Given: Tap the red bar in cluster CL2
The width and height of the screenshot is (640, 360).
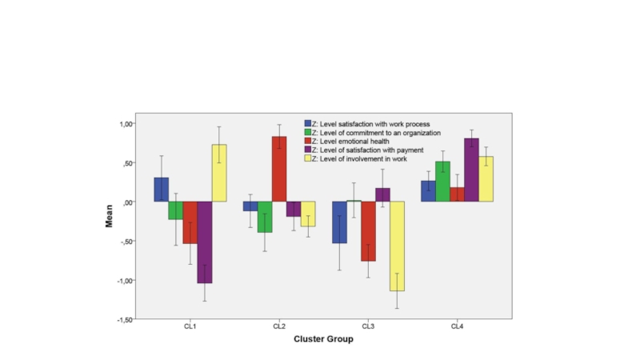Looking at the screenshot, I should [x=278, y=169].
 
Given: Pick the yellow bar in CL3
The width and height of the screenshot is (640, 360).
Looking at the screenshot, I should [x=397, y=246].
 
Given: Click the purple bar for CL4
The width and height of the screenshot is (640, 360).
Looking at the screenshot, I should [x=471, y=170].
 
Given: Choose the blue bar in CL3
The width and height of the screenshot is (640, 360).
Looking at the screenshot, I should [x=338, y=222].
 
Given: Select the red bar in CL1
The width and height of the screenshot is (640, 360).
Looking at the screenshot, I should [x=190, y=222].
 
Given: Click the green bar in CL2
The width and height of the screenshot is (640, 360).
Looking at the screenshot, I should [x=264, y=216].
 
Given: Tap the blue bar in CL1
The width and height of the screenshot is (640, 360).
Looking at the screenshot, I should [x=161, y=189].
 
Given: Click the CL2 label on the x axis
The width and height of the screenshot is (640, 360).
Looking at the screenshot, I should [x=279, y=326].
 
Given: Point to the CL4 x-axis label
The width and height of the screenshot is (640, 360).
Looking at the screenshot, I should [x=457, y=326].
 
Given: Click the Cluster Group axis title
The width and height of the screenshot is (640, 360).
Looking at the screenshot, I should [x=323, y=338].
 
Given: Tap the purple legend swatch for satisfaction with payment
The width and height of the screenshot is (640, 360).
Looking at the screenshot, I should [x=307, y=150].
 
